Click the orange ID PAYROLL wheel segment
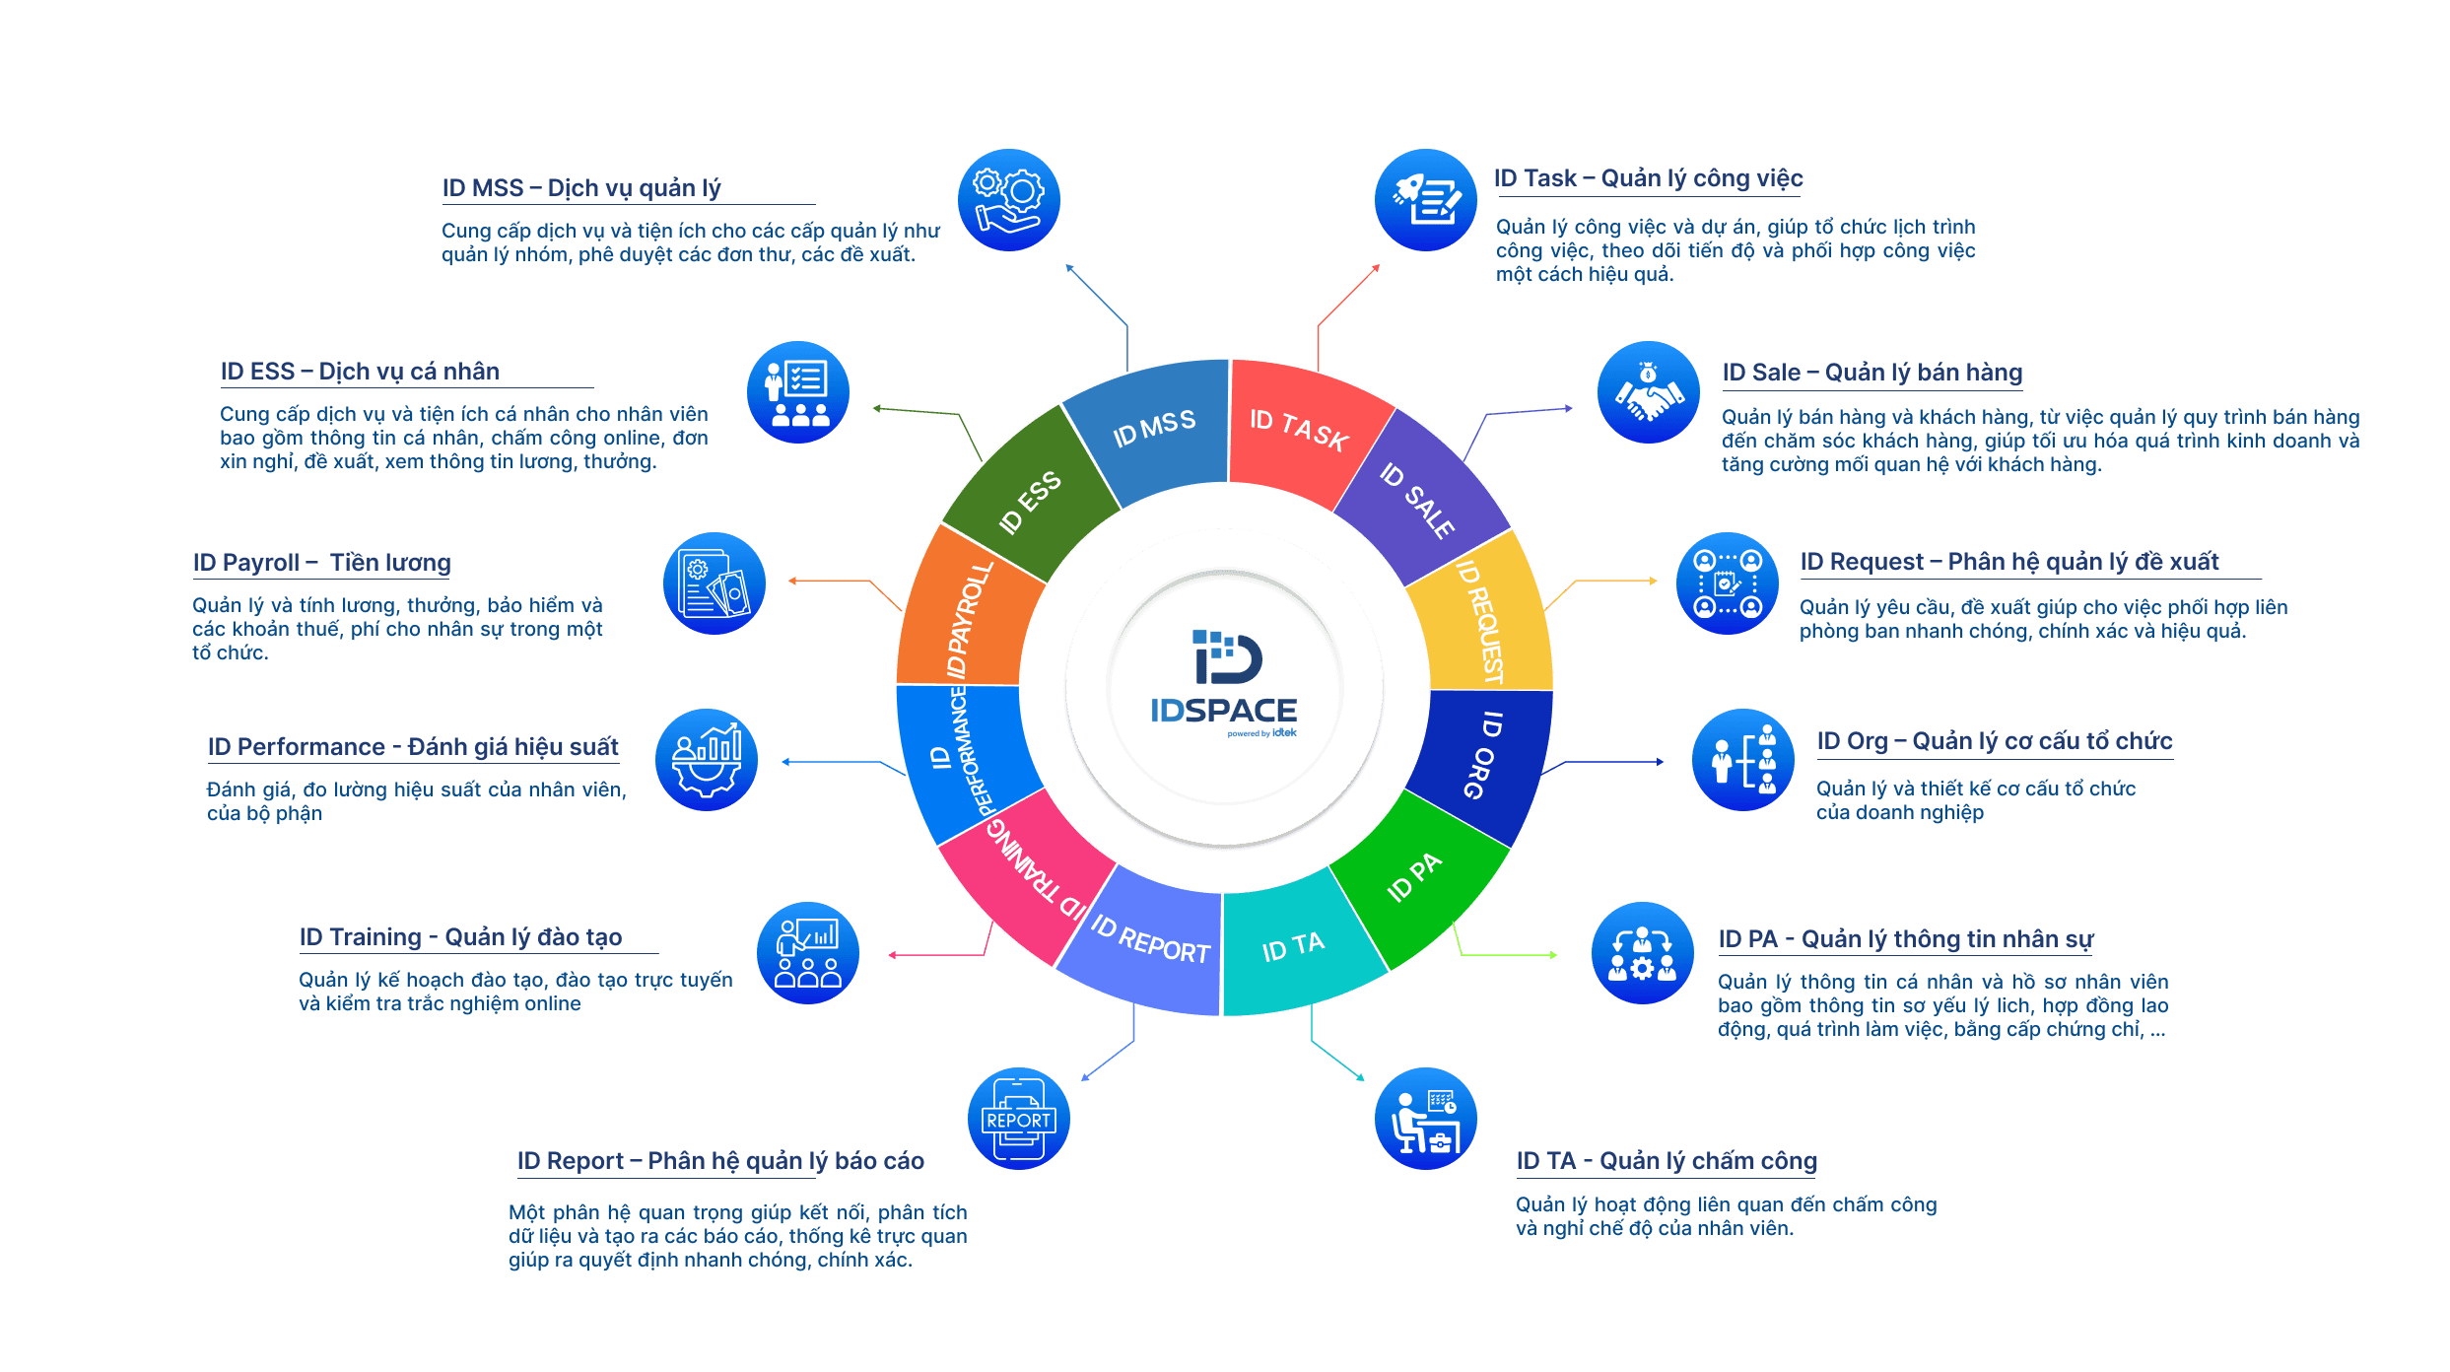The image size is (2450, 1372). point(966,616)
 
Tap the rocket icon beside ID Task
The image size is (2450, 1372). point(1425,200)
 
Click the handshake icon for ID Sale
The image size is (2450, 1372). point(1648,392)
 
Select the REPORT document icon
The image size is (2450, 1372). point(1018,1119)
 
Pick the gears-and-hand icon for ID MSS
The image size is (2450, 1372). point(1008,200)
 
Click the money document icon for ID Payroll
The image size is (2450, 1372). point(715,583)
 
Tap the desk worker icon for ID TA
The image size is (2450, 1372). point(1425,1119)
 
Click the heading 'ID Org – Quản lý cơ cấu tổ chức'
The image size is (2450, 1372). point(1994,741)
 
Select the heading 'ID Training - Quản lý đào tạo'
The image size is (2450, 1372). point(460,936)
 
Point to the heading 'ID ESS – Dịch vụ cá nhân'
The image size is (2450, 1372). point(360,372)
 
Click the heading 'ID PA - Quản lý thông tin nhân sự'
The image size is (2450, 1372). point(1905,939)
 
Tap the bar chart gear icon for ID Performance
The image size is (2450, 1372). point(707,760)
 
